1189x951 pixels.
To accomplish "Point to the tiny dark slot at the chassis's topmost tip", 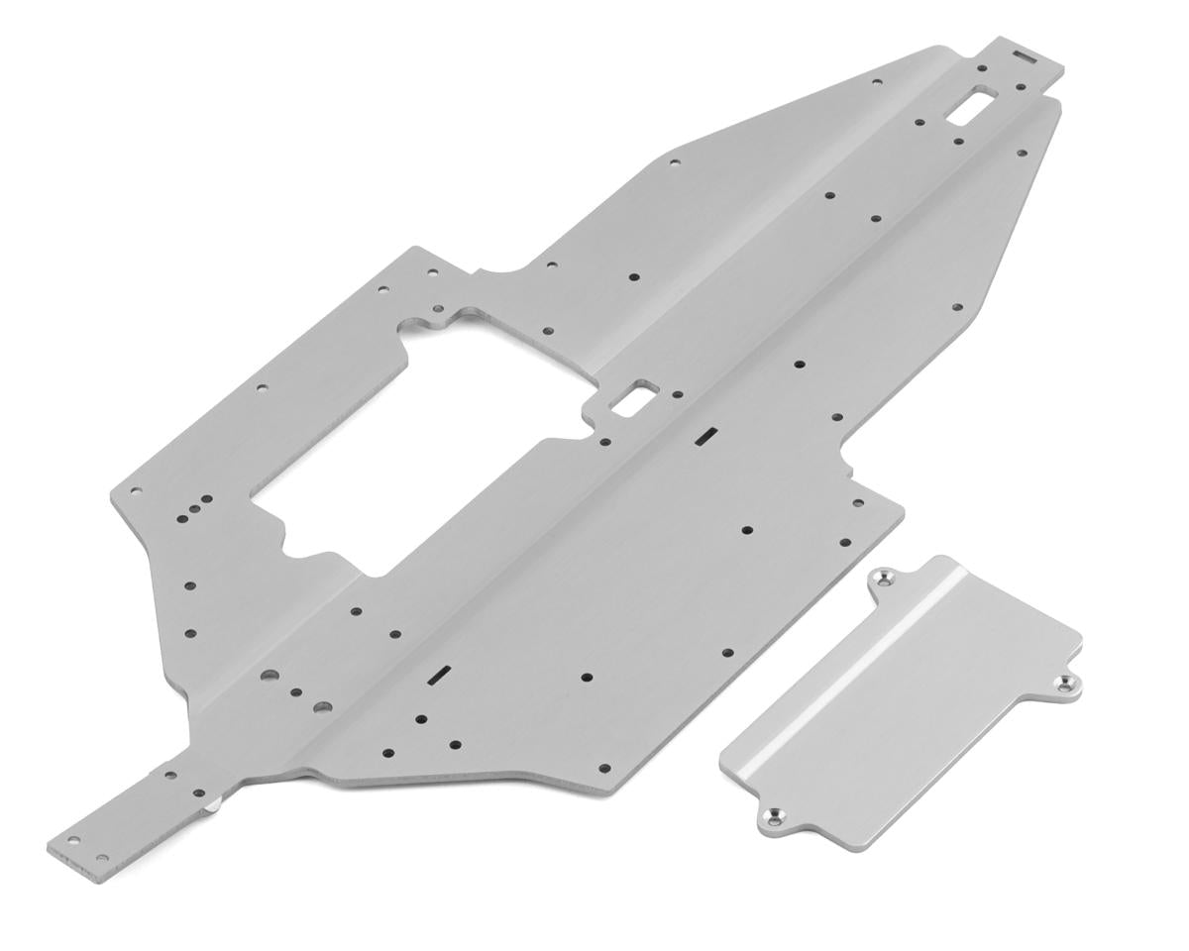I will coord(1025,56).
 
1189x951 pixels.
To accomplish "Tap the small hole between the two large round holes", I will coord(295,692).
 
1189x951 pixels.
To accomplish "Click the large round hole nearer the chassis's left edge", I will coord(268,677).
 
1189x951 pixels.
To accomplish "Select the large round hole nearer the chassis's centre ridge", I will coord(321,707).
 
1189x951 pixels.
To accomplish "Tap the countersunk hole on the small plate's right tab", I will coord(1066,684).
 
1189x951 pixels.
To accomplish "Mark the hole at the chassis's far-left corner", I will coord(136,489).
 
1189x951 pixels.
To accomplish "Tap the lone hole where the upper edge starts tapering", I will coord(674,161).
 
